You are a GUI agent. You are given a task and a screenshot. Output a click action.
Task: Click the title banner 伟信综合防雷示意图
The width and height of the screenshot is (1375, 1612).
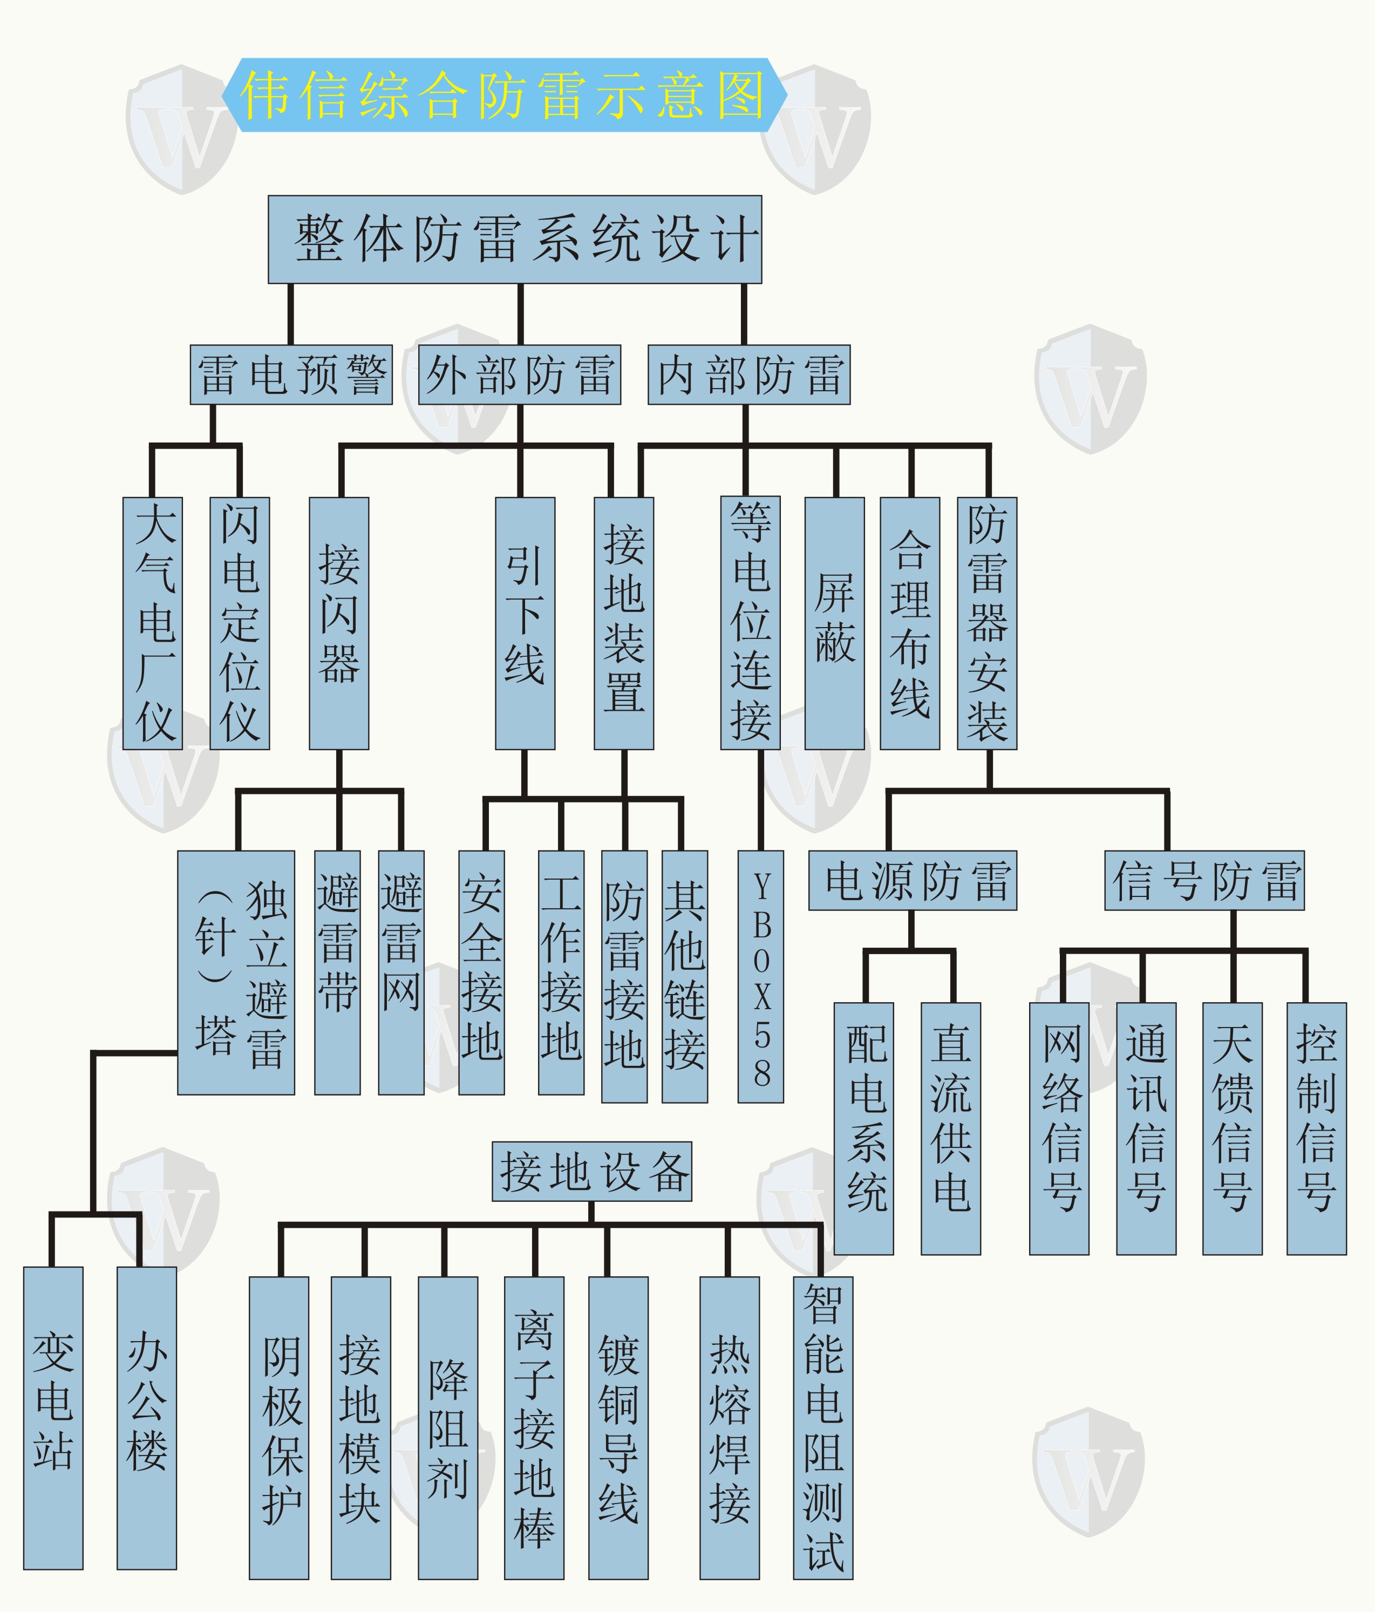pyautogui.click(x=504, y=95)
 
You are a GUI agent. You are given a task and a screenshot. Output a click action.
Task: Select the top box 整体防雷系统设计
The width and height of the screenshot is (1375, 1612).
pyautogui.click(x=514, y=239)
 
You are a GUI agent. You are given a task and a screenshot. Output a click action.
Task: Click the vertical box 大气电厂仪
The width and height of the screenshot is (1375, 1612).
pyautogui.click(x=153, y=623)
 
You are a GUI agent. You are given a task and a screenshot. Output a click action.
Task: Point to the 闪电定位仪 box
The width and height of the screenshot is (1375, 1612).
pyautogui.click(x=240, y=623)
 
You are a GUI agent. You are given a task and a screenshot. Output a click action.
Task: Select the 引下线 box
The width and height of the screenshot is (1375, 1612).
pyautogui.click(x=525, y=623)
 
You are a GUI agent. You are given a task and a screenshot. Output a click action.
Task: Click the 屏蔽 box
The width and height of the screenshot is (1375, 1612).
pyautogui.click(x=834, y=623)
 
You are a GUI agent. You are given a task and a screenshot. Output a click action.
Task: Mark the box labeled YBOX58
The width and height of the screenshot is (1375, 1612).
pyautogui.click(x=760, y=976)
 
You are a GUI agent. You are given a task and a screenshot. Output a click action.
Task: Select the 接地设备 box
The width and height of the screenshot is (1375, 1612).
pyautogui.click(x=591, y=1172)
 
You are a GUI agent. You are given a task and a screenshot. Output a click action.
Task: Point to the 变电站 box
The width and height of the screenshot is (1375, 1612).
pyautogui.click(x=53, y=1418)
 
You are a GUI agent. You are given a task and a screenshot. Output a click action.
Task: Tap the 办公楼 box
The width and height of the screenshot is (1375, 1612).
pyautogui.click(x=146, y=1418)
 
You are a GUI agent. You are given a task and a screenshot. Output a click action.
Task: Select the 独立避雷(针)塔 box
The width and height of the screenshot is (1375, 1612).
pyautogui.click(x=236, y=972)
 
